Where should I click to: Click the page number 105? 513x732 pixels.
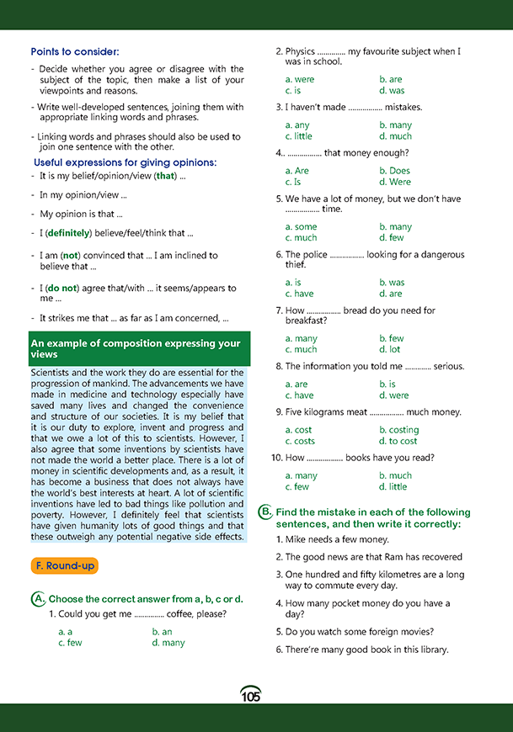(x=250, y=695)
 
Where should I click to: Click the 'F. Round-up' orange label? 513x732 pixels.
(x=64, y=565)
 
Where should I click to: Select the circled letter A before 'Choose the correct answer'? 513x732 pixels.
(x=38, y=599)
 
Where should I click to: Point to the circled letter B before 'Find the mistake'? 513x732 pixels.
(x=265, y=512)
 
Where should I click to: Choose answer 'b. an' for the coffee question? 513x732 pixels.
(x=162, y=631)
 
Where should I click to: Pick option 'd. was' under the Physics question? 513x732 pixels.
(x=392, y=90)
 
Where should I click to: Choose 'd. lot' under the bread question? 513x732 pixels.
(x=389, y=349)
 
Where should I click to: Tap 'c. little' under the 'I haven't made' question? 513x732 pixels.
(x=298, y=136)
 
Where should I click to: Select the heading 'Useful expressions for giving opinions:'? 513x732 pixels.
(x=125, y=162)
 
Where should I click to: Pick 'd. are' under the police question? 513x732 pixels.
(x=390, y=294)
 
